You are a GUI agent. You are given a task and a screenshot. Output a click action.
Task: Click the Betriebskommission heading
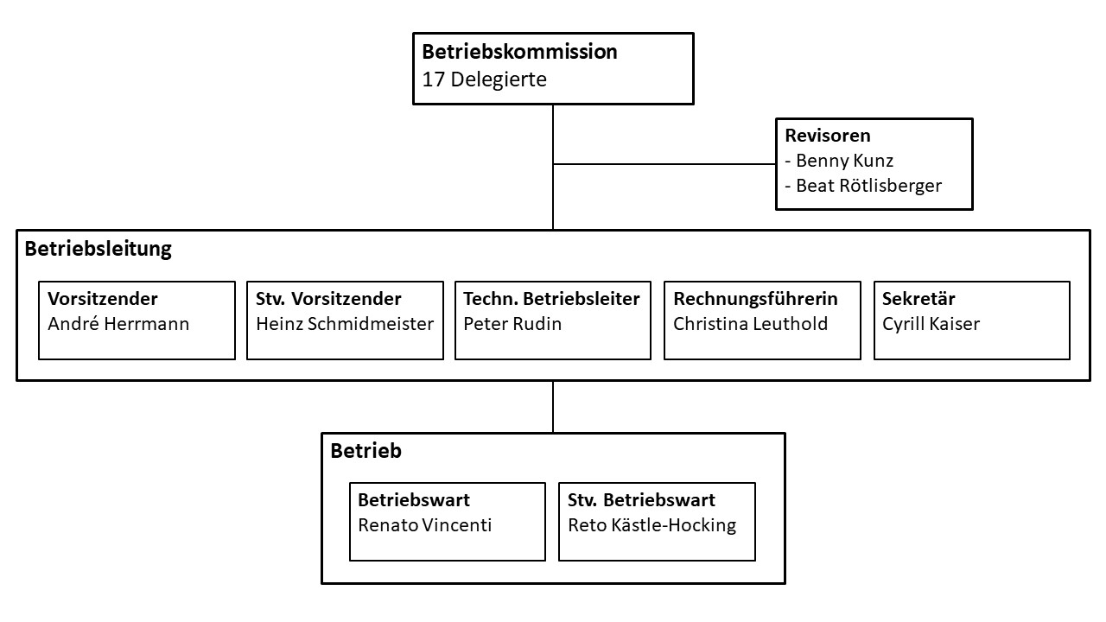click(x=519, y=52)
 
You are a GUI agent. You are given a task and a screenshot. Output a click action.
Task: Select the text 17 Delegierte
click(x=485, y=79)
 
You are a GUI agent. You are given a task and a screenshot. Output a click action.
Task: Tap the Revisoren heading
click(x=828, y=136)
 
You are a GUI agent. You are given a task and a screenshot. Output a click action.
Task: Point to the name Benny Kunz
click(x=844, y=161)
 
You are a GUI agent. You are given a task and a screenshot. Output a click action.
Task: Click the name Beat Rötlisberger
click(x=868, y=186)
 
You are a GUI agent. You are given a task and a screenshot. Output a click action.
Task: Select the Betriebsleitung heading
click(x=99, y=249)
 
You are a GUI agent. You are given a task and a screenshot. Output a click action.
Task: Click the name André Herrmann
click(x=118, y=324)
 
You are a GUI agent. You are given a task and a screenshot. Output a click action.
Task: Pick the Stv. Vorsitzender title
click(x=328, y=299)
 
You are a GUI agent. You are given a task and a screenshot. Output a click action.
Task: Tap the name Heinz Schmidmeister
click(x=345, y=324)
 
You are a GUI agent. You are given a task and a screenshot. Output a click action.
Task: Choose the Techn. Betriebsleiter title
click(x=551, y=299)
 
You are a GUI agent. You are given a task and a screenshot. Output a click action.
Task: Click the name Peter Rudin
click(x=512, y=324)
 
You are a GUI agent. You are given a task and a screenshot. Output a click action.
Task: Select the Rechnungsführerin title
click(x=755, y=299)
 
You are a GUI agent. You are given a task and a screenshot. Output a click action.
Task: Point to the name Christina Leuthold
click(x=751, y=324)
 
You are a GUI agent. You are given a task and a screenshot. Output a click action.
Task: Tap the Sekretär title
click(x=918, y=299)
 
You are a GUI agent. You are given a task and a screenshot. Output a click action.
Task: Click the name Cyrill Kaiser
click(x=931, y=324)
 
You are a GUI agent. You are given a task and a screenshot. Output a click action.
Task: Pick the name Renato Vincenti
click(x=424, y=525)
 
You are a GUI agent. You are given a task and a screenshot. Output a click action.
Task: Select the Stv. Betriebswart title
click(x=641, y=500)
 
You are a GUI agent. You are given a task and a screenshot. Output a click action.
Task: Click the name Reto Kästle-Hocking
click(x=652, y=525)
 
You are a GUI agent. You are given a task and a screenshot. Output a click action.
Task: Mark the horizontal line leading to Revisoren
click(x=664, y=164)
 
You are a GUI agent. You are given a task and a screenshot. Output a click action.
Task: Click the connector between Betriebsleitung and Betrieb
click(x=553, y=407)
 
